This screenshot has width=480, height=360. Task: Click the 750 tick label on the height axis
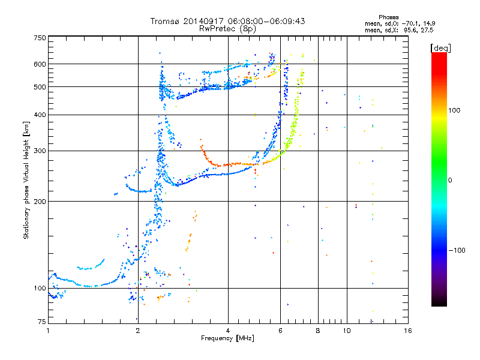40,38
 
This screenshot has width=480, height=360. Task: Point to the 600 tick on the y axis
40,64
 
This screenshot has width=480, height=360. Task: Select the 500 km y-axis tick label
40,86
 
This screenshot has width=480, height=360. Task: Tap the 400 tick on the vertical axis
40,115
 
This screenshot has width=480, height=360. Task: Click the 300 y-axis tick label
40,151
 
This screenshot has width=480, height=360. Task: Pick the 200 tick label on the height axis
40,201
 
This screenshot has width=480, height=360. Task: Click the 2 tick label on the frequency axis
138,331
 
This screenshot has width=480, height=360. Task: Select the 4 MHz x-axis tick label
228,331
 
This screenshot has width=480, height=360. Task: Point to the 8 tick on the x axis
317,331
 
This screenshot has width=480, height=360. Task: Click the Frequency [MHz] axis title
228,339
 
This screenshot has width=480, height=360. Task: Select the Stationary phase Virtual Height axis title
26,180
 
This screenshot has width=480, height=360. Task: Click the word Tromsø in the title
165,21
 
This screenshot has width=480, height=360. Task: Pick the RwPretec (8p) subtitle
228,28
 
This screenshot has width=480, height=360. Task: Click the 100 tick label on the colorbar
456,110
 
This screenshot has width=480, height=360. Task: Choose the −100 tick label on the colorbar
457,250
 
